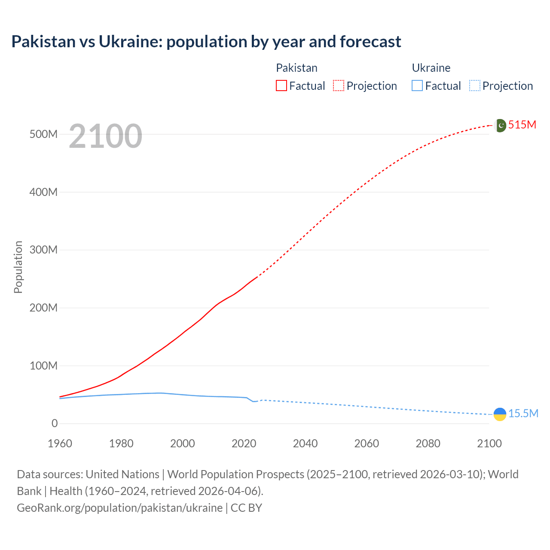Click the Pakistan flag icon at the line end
[500, 125]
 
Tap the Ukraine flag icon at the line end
[500, 414]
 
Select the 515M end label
[522, 125]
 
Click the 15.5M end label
[523, 414]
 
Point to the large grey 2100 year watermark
[105, 136]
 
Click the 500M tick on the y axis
[43, 134]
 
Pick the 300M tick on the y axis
[43, 250]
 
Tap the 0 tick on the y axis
[55, 424]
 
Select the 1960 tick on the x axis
[60, 444]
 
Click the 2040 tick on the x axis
[305, 444]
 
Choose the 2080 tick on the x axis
[428, 444]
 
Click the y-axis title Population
[18, 267]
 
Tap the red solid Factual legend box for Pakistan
[281, 86]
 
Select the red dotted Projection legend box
[339, 86]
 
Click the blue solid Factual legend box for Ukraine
[417, 86]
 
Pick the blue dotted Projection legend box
[474, 86]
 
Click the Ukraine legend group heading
[431, 68]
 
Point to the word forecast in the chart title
[370, 42]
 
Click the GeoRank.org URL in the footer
[119, 508]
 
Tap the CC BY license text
[246, 508]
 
